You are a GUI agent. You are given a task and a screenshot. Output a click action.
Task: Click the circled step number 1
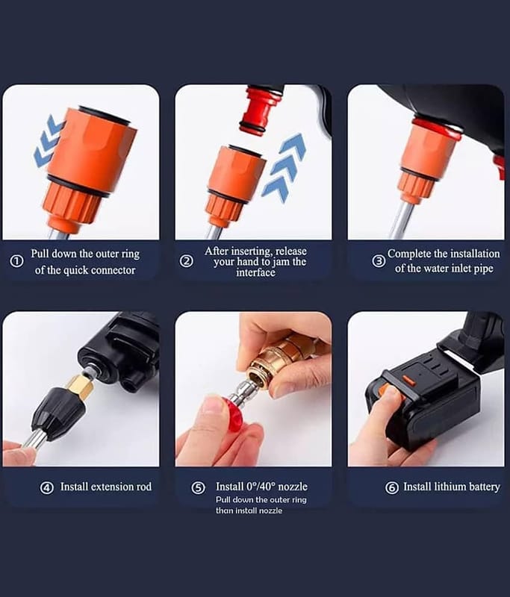pos(16,261)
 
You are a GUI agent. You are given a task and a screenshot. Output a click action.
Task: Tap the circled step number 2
pos(186,261)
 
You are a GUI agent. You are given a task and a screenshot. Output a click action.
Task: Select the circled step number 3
pos(379,261)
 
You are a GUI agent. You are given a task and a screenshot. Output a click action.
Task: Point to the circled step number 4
pos(47,488)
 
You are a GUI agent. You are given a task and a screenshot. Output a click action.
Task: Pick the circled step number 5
pos(198,488)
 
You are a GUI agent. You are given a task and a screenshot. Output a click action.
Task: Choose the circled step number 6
pos(392,488)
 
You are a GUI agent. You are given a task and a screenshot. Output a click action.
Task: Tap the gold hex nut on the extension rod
pos(80,386)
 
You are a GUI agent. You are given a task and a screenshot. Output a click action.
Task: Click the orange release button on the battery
pos(408,380)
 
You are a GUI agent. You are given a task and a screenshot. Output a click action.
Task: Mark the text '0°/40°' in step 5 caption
pos(261,487)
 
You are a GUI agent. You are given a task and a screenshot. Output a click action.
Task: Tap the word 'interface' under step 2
pos(255,272)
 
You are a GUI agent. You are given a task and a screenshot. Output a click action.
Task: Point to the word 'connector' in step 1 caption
pos(113,270)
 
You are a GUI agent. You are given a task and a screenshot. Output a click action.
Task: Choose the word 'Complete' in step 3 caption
pos(408,254)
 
